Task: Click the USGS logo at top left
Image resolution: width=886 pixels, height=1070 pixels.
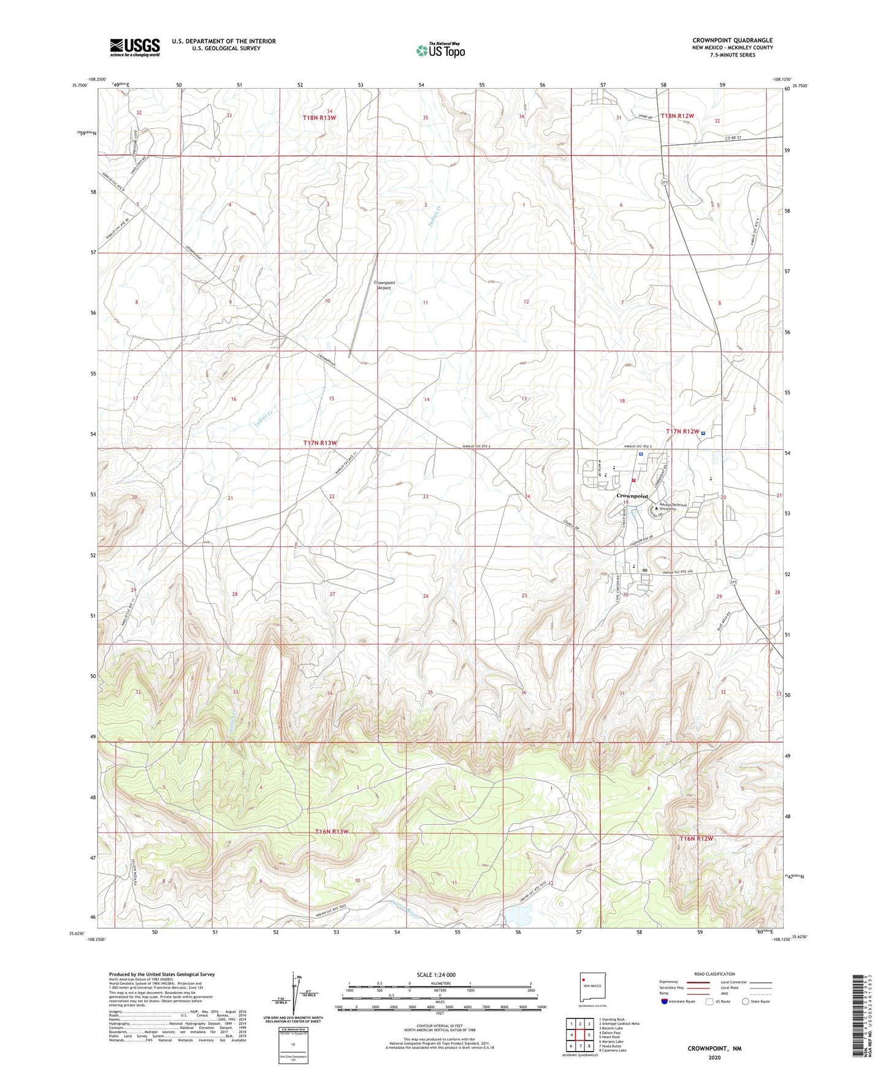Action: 135,47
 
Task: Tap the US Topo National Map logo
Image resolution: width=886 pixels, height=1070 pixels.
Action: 440,50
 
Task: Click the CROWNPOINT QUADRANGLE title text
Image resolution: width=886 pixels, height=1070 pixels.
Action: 733,40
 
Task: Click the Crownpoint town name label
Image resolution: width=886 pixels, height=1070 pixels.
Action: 632,496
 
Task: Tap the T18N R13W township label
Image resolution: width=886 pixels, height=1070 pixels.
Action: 320,117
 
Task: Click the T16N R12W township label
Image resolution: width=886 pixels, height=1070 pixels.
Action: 697,838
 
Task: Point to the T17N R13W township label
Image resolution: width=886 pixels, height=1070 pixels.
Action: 320,442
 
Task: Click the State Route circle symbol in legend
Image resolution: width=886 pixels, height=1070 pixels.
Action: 745,1001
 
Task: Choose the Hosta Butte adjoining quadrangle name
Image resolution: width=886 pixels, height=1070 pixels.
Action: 612,1046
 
